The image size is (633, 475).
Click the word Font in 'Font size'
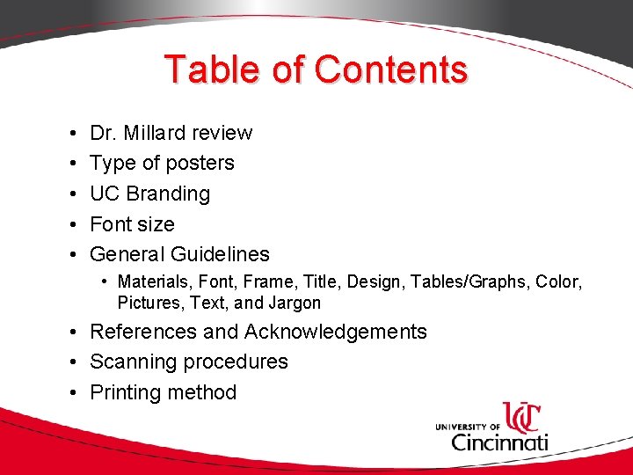pyautogui.click(x=110, y=224)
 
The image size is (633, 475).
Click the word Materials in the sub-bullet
pyautogui.click(x=152, y=282)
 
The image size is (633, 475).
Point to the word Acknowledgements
pyautogui.click(x=335, y=332)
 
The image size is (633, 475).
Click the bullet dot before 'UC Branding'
pyautogui.click(x=69, y=194)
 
